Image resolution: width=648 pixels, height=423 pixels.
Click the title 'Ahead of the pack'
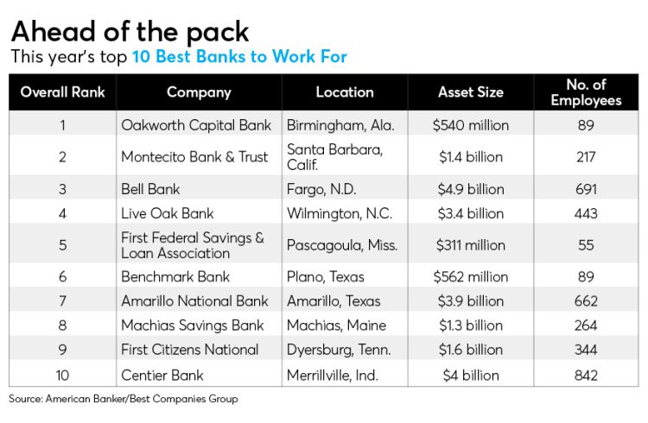pos(130,31)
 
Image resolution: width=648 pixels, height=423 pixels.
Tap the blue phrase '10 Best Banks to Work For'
pos(239,57)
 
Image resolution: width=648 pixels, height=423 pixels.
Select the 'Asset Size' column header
pos(471,92)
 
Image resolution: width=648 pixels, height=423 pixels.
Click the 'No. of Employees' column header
pos(586,92)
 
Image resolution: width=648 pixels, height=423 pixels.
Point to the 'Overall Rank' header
pos(61,92)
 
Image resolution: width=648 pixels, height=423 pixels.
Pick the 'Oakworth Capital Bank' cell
pos(196,125)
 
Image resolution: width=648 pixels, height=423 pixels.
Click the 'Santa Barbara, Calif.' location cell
pos(334,156)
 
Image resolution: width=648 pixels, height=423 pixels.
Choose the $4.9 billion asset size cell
pos(471,189)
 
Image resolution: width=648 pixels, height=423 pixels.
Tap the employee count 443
pos(586,213)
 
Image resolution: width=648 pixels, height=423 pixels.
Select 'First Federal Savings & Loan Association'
pos(193,245)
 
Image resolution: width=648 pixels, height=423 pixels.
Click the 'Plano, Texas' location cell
pos(326,277)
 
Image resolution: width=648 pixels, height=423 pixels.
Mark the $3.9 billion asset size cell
pos(471,301)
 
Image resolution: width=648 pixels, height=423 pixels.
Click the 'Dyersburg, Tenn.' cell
pos(339,350)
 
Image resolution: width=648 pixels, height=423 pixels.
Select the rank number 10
pos(62,375)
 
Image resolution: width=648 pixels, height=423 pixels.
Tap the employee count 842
pos(586,375)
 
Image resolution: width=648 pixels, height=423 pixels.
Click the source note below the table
pos(124,400)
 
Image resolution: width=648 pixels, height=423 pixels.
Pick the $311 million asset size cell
pos(471,245)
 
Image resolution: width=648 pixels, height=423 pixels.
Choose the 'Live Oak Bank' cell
pos(168,213)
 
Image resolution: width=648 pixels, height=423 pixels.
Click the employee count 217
pos(586,156)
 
